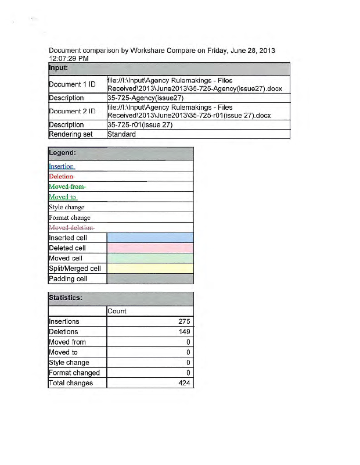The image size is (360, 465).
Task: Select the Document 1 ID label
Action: pos(71,84)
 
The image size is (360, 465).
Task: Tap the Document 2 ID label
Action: pos(71,111)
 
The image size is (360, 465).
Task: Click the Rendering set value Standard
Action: pos(122,134)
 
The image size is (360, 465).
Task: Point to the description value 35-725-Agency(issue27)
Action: pos(142,98)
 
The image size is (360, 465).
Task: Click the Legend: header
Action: pos(63,153)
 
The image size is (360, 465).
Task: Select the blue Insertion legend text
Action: pos(62,166)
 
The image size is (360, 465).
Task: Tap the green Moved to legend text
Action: pos(63,196)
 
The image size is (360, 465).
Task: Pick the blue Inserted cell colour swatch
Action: pos(150,238)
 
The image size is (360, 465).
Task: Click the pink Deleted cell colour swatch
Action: pos(150,248)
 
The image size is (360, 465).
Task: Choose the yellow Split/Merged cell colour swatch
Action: pos(150,269)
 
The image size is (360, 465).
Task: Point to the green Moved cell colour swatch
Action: pos(150,258)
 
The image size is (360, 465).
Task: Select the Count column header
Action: pos(117,311)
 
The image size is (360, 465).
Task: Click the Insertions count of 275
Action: pos(184,321)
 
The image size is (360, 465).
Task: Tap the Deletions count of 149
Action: pos(184,332)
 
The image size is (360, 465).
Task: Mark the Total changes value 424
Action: pos(184,383)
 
